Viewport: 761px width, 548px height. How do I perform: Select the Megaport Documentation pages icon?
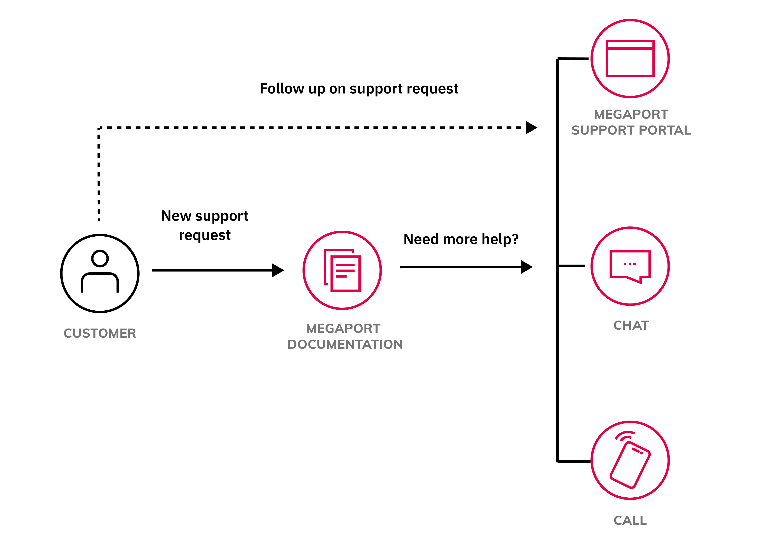tap(342, 271)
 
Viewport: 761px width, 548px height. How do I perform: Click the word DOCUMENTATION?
tap(345, 344)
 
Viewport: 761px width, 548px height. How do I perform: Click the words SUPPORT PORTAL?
tap(631, 130)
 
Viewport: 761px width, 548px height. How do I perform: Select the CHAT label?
tap(631, 326)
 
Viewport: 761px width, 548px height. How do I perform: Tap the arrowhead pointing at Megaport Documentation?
tap(278, 270)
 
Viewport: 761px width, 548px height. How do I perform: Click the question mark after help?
tap(515, 239)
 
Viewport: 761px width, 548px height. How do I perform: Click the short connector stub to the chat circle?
tap(571, 266)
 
